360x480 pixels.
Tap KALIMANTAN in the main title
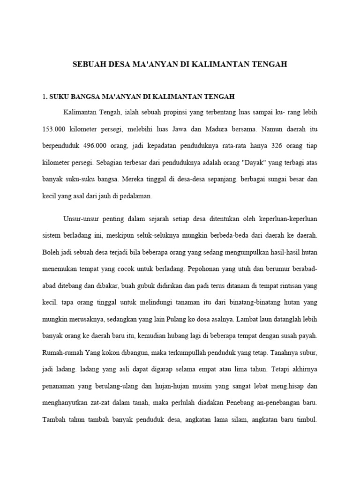[x=220, y=64]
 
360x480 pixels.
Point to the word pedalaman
[x=136, y=196]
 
